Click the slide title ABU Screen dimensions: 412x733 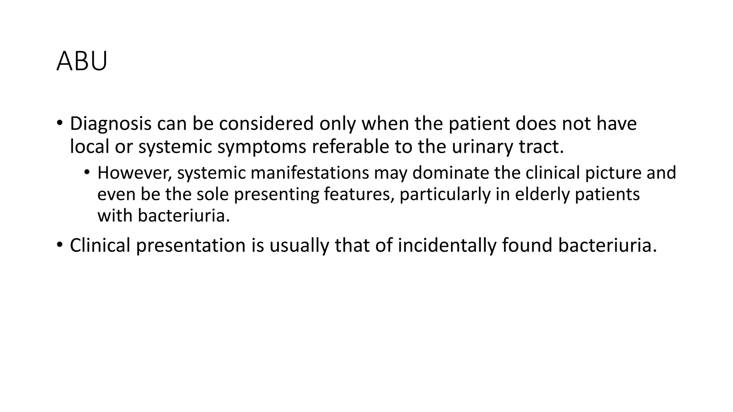coord(82,62)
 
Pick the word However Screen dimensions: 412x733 coord(135,173)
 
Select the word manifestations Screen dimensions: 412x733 coord(310,173)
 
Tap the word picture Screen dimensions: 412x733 coord(613,173)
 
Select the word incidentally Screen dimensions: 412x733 coord(447,246)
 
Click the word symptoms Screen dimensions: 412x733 coord(262,147)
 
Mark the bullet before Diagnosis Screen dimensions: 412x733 coord(59,124)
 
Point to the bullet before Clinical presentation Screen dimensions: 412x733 coord(59,246)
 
